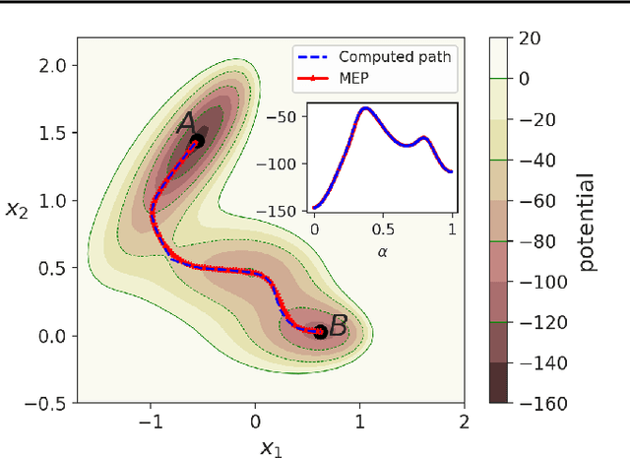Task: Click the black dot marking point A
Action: pos(197,141)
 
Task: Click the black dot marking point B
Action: pos(319,332)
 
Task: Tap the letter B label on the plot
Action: pos(337,326)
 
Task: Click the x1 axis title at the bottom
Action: pos(270,448)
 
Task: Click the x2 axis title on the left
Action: pos(17,210)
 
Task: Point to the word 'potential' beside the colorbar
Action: pos(587,223)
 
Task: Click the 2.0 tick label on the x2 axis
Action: pos(54,65)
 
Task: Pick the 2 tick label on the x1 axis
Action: pos(463,422)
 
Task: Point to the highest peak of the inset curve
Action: pos(365,108)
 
